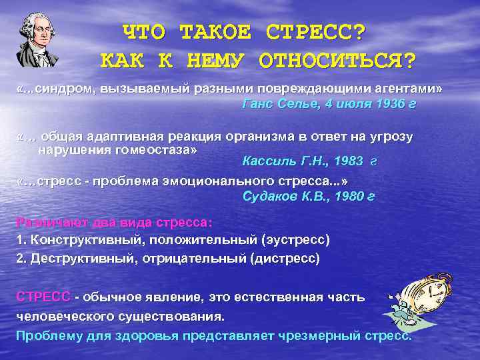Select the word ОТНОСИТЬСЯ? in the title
(337, 61)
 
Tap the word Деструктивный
(79, 257)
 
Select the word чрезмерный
(315, 335)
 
